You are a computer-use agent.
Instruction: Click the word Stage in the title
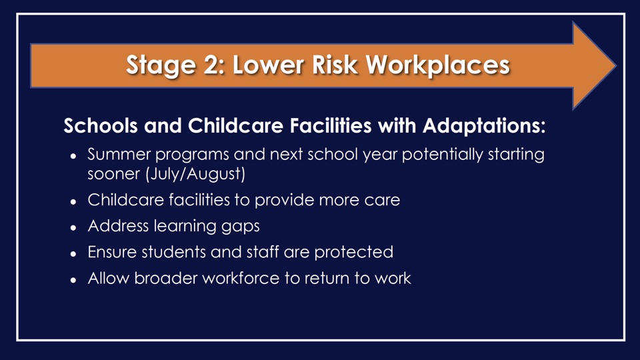pyautogui.click(x=161, y=65)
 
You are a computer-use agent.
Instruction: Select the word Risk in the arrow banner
pyautogui.click(x=335, y=65)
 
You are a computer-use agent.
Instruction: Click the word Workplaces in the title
pyautogui.click(x=438, y=65)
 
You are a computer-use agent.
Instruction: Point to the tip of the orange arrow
pyautogui.click(x=615, y=65)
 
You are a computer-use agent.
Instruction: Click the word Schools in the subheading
pyautogui.click(x=101, y=125)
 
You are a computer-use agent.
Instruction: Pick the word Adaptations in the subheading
pyautogui.click(x=484, y=126)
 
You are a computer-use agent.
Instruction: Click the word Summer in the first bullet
pyautogui.click(x=119, y=154)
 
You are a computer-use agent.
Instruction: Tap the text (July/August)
pyautogui.click(x=195, y=174)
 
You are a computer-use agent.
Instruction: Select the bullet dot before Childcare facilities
pyautogui.click(x=73, y=201)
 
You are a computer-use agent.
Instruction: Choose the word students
pyautogui.click(x=174, y=252)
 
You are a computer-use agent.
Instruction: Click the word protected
pyautogui.click(x=354, y=252)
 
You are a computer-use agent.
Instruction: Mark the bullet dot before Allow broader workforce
pyautogui.click(x=73, y=280)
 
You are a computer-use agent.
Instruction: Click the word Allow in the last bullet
pyautogui.click(x=108, y=279)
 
